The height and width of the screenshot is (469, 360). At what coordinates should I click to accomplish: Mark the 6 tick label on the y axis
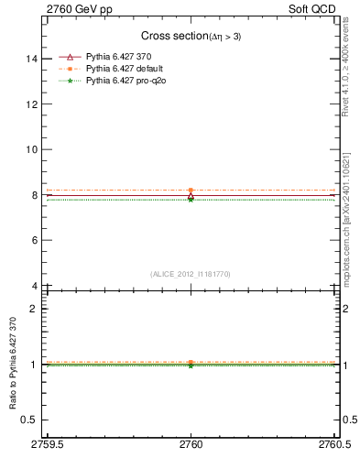point(35,240)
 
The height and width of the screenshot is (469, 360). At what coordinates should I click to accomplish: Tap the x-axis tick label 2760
point(191,444)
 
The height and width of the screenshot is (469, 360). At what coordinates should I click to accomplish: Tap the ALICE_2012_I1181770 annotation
point(190,273)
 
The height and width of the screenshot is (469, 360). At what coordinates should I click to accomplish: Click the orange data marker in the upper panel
point(191,190)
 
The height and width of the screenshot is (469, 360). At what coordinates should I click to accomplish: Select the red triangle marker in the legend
point(71,56)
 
